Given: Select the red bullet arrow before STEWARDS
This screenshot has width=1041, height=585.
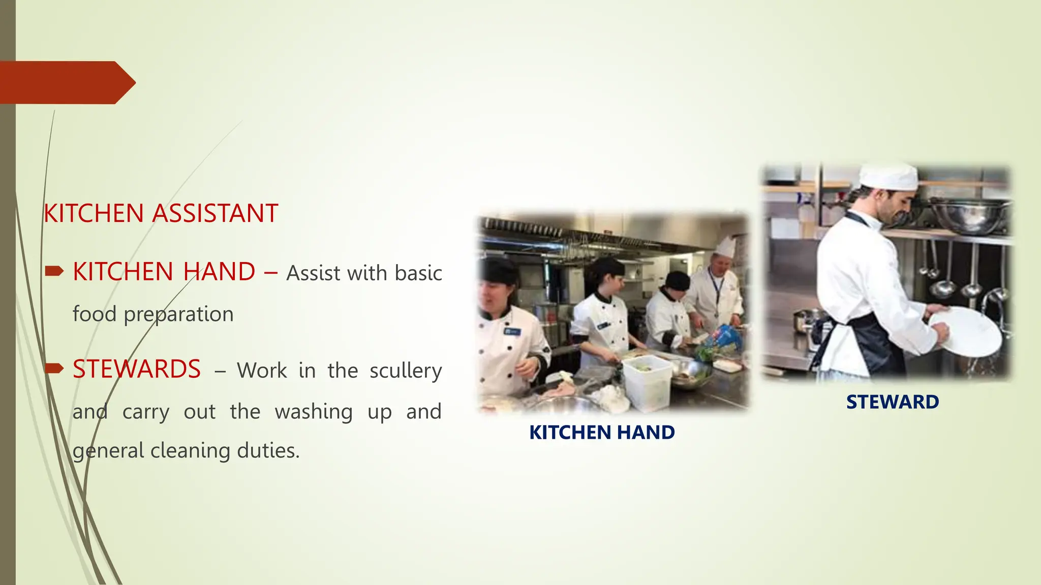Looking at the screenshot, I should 54,368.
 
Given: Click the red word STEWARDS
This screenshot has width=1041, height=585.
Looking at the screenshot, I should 137,369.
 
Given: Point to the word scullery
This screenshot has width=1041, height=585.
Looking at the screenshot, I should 406,371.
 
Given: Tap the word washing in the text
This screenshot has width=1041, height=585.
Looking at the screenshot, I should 314,412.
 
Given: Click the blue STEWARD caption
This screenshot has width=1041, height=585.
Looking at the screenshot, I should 893,402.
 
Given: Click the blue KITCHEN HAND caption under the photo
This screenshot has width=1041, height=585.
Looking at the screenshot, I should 602,433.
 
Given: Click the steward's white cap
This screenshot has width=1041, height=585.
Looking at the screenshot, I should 889,177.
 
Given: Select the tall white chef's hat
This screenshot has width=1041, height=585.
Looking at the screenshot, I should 725,246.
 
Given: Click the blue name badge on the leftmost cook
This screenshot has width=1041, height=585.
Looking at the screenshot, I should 512,332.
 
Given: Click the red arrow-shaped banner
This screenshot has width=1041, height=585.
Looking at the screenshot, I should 66,82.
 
